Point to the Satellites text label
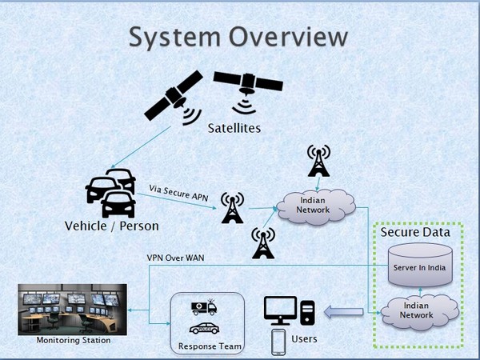(x=234, y=128)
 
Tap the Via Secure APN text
(x=179, y=191)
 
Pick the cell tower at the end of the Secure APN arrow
(x=232, y=210)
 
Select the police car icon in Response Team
(x=204, y=329)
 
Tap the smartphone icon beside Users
(x=278, y=342)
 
